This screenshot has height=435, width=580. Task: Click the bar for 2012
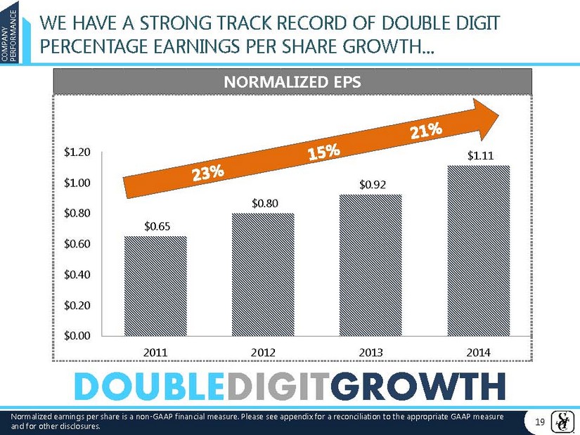click(263, 274)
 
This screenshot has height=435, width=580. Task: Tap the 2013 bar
click(370, 265)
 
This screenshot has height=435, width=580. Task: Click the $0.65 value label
click(156, 226)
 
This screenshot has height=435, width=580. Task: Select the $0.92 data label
click(371, 185)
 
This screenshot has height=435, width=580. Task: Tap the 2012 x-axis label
click(263, 351)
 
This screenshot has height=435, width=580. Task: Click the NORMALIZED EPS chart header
click(292, 82)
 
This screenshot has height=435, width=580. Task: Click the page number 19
click(541, 421)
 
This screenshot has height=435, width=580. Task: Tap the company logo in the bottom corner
click(564, 420)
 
